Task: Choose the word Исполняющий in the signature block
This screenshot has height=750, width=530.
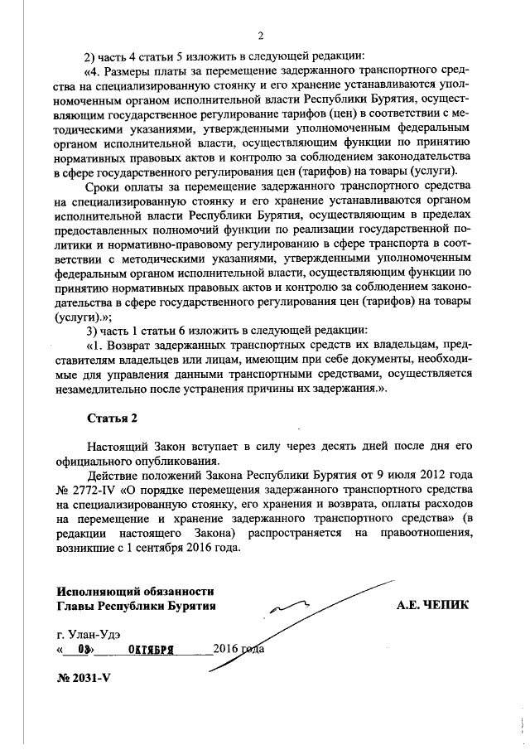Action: [x=94, y=591]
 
